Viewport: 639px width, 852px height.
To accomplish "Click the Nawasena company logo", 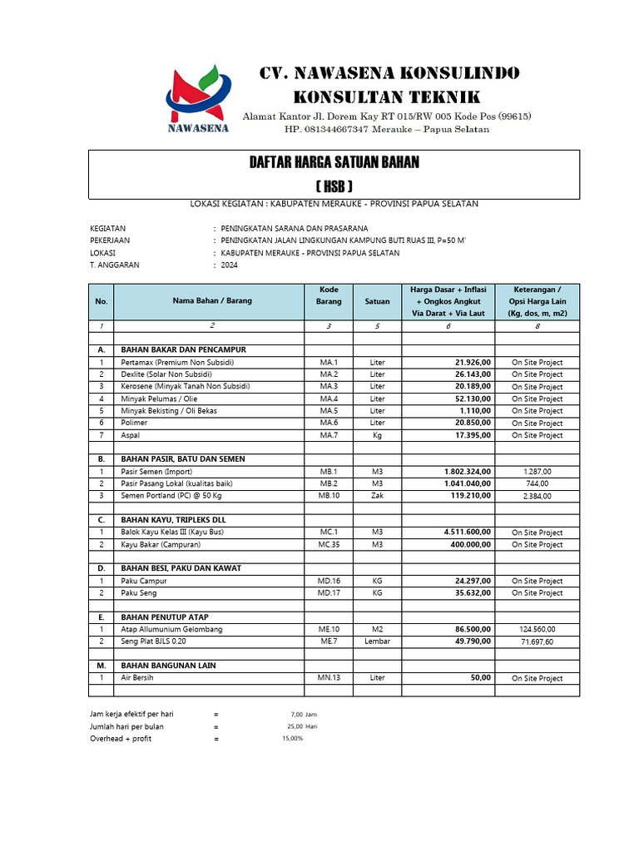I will click(196, 98).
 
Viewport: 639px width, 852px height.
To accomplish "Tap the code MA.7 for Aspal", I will click(329, 435).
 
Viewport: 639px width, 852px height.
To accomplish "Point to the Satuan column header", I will click(377, 301).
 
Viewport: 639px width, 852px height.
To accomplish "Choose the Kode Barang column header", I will click(329, 295).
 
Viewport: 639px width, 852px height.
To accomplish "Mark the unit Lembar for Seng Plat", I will click(377, 641).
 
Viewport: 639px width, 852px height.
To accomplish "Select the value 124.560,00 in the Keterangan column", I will click(537, 630).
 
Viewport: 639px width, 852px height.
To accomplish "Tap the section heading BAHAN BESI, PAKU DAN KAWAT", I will click(181, 568).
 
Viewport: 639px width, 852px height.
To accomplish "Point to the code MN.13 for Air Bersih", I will click(329, 678).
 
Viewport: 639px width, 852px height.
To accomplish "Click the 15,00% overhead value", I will click(293, 739).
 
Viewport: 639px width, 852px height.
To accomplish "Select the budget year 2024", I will click(229, 265).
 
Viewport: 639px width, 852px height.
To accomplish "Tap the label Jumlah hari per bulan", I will click(126, 726).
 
